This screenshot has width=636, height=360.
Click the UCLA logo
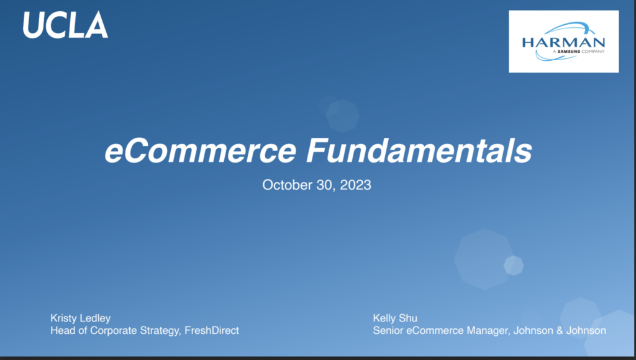[65, 25]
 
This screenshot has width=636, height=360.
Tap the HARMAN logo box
[564, 42]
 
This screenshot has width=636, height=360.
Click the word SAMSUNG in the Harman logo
[569, 52]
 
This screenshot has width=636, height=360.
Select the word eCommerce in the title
[201, 150]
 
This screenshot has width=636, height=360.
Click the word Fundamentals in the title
[419, 150]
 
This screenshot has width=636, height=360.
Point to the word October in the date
[287, 185]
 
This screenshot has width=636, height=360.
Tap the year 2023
[355, 185]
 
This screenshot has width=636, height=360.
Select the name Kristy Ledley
[80, 318]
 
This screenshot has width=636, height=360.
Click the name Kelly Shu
[395, 318]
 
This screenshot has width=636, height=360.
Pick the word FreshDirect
[212, 330]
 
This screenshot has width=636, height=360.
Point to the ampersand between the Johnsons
[560, 330]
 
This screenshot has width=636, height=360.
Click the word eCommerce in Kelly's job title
[434, 330]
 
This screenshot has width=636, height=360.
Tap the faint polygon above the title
[342, 115]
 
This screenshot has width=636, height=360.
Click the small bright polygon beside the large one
[514, 266]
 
